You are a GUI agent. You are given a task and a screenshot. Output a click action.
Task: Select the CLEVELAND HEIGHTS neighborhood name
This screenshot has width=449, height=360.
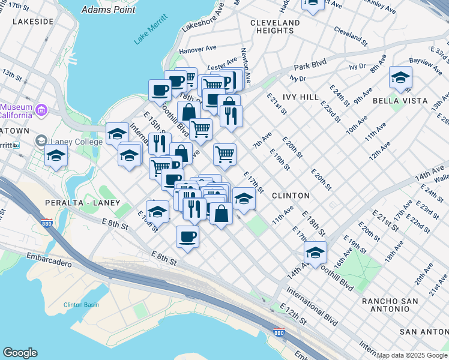(275, 26)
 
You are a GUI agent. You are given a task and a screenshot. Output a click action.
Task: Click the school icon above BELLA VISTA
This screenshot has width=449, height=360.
(400, 77)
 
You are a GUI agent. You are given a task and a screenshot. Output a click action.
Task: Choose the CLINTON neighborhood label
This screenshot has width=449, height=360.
(291, 196)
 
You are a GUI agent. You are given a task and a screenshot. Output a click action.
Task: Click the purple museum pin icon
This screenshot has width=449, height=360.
(41, 110)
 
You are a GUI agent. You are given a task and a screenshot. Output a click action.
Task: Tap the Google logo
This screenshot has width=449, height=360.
(20, 353)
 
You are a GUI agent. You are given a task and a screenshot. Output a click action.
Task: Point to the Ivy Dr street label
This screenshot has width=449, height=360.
(298, 78)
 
